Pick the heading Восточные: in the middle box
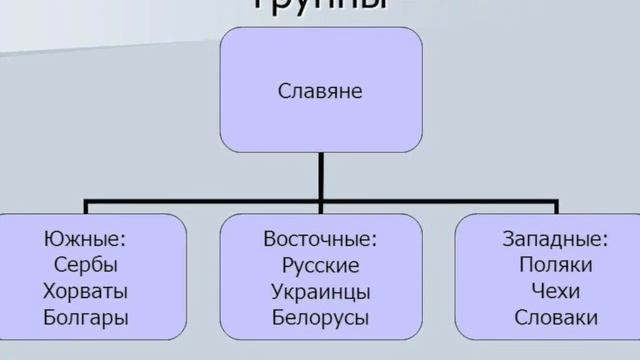pyautogui.click(x=320, y=240)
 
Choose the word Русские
pyautogui.click(x=320, y=266)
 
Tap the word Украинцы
pyautogui.click(x=320, y=292)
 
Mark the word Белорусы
pyautogui.click(x=320, y=319)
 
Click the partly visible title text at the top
pyautogui.click(x=320, y=5)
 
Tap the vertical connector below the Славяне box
pyautogui.click(x=320, y=178)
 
